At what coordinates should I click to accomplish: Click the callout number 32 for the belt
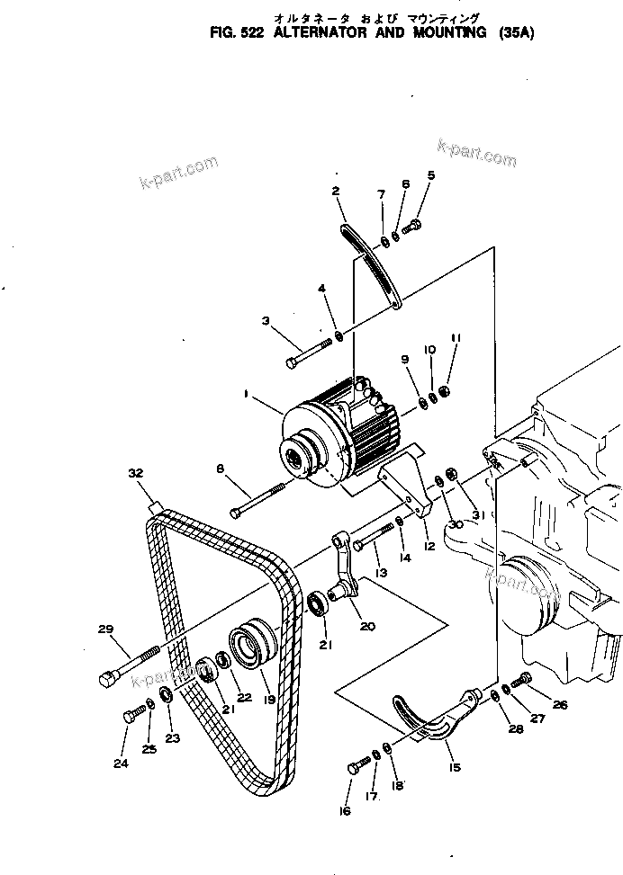(135, 473)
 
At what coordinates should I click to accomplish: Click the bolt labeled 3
(310, 352)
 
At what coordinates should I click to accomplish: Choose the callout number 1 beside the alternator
(246, 394)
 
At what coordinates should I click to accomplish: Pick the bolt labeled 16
(357, 765)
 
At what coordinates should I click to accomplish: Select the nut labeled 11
(445, 394)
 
